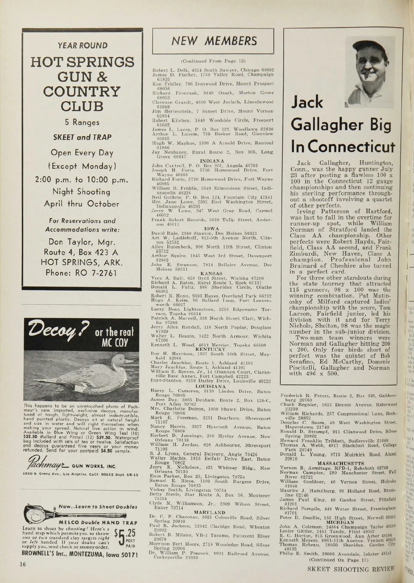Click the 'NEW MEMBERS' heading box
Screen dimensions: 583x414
tap(213, 41)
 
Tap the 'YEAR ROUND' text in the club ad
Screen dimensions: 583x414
tap(82, 45)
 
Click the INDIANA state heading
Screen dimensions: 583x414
tap(212, 161)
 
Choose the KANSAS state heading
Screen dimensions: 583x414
tap(211, 274)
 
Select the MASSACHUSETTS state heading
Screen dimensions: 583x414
tap(341, 463)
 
